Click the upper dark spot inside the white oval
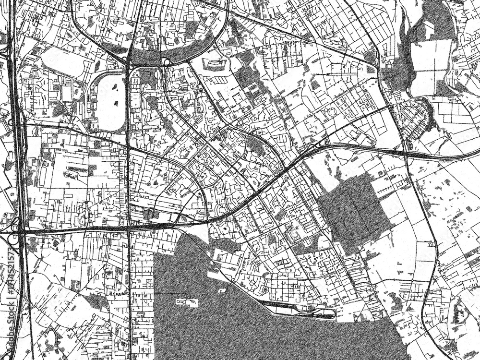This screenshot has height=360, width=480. coord(115,88)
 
